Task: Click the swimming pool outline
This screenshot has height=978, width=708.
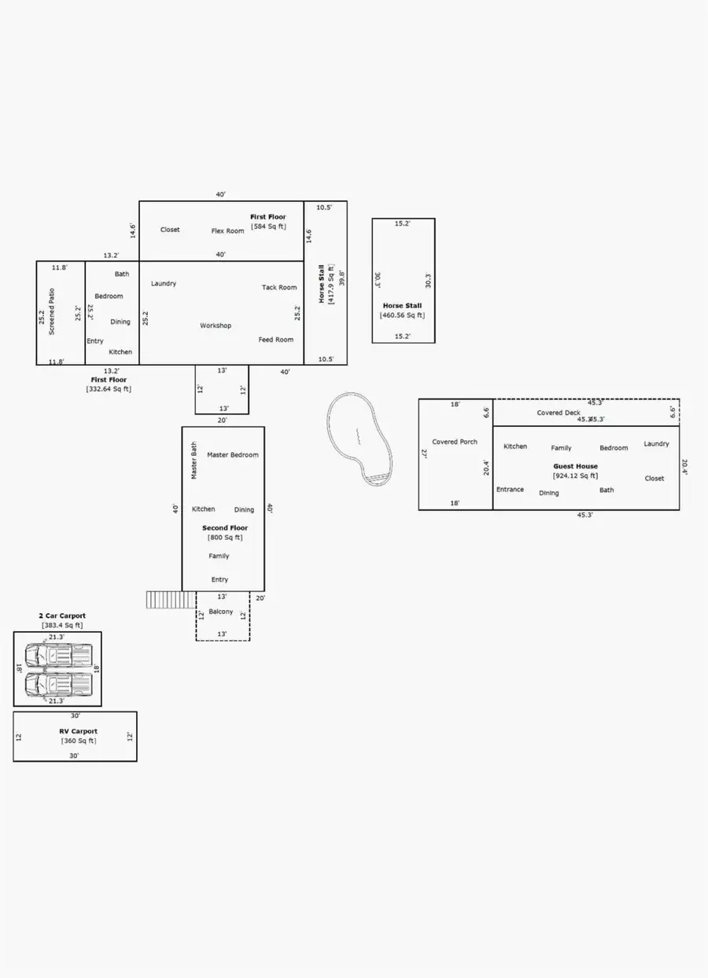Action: (x=360, y=437)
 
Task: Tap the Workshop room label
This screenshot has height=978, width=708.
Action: (x=216, y=325)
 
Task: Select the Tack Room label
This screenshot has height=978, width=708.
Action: (x=279, y=288)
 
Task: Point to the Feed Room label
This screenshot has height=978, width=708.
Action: (x=276, y=340)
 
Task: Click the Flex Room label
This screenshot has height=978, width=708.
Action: (x=228, y=231)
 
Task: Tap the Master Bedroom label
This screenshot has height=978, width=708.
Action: (x=233, y=455)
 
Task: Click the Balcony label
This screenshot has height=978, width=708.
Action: (x=221, y=612)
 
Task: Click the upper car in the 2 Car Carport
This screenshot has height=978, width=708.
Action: (x=58, y=653)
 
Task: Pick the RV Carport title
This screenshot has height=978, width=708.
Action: (x=79, y=731)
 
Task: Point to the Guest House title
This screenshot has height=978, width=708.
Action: (x=575, y=466)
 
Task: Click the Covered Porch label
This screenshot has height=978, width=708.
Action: (x=455, y=442)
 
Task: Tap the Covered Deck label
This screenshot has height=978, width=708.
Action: (x=559, y=413)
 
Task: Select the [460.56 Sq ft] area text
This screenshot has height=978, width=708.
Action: (x=403, y=315)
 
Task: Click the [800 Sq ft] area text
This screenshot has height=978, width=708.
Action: (x=225, y=538)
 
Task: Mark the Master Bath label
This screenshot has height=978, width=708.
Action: (x=194, y=461)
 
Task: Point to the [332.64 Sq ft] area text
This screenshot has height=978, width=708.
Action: (x=109, y=389)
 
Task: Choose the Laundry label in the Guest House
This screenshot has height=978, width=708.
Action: (x=656, y=444)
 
